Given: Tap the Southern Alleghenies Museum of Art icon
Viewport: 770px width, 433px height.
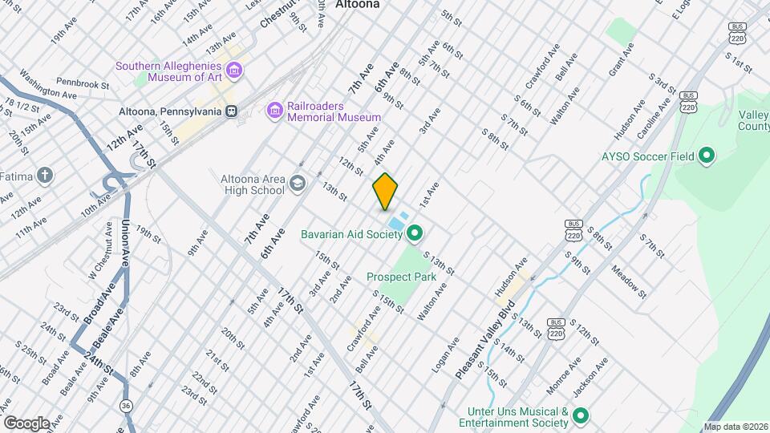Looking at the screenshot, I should tap(233, 73).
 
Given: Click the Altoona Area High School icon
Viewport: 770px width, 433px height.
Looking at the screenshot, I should tap(298, 184).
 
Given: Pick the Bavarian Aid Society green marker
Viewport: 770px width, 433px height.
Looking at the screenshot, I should tap(415, 234).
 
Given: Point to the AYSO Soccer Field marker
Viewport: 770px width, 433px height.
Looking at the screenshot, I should tap(707, 156).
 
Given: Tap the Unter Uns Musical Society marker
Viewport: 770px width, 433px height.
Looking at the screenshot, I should tap(581, 415).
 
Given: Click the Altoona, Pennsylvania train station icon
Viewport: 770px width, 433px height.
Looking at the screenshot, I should tap(231, 111).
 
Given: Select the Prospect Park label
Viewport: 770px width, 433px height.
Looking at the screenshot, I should tap(401, 277).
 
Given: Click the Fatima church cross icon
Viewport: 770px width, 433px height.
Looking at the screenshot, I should tap(46, 174).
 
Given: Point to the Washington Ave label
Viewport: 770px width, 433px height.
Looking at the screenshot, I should tap(47, 87).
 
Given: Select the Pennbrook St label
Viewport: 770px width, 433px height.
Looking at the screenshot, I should tap(83, 83).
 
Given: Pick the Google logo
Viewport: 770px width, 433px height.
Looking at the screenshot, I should tap(26, 423).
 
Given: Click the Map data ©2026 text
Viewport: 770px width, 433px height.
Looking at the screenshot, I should tap(735, 427).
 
